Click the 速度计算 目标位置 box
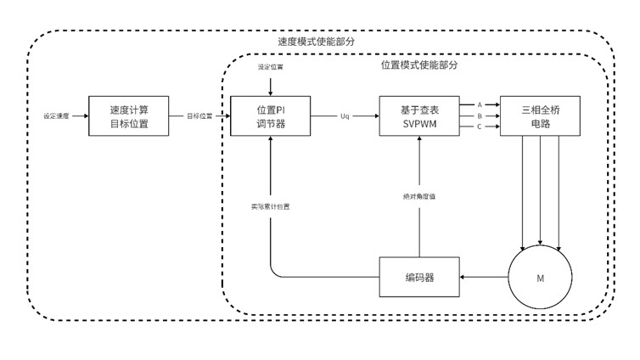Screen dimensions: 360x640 130,115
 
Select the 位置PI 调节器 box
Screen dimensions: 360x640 270,115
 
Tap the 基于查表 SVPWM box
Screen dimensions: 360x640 418,115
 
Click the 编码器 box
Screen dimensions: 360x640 418,277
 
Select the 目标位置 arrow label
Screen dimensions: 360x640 200,115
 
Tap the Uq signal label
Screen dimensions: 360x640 345,115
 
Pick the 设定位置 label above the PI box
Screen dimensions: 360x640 271,66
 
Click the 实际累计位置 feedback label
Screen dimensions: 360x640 270,206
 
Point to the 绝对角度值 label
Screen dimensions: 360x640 419,197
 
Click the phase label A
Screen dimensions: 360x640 480,104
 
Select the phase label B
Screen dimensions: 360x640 480,115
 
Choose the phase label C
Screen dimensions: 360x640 480,127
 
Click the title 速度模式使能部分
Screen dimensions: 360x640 317,41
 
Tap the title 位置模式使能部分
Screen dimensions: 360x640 419,64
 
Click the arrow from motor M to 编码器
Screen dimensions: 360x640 483,277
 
